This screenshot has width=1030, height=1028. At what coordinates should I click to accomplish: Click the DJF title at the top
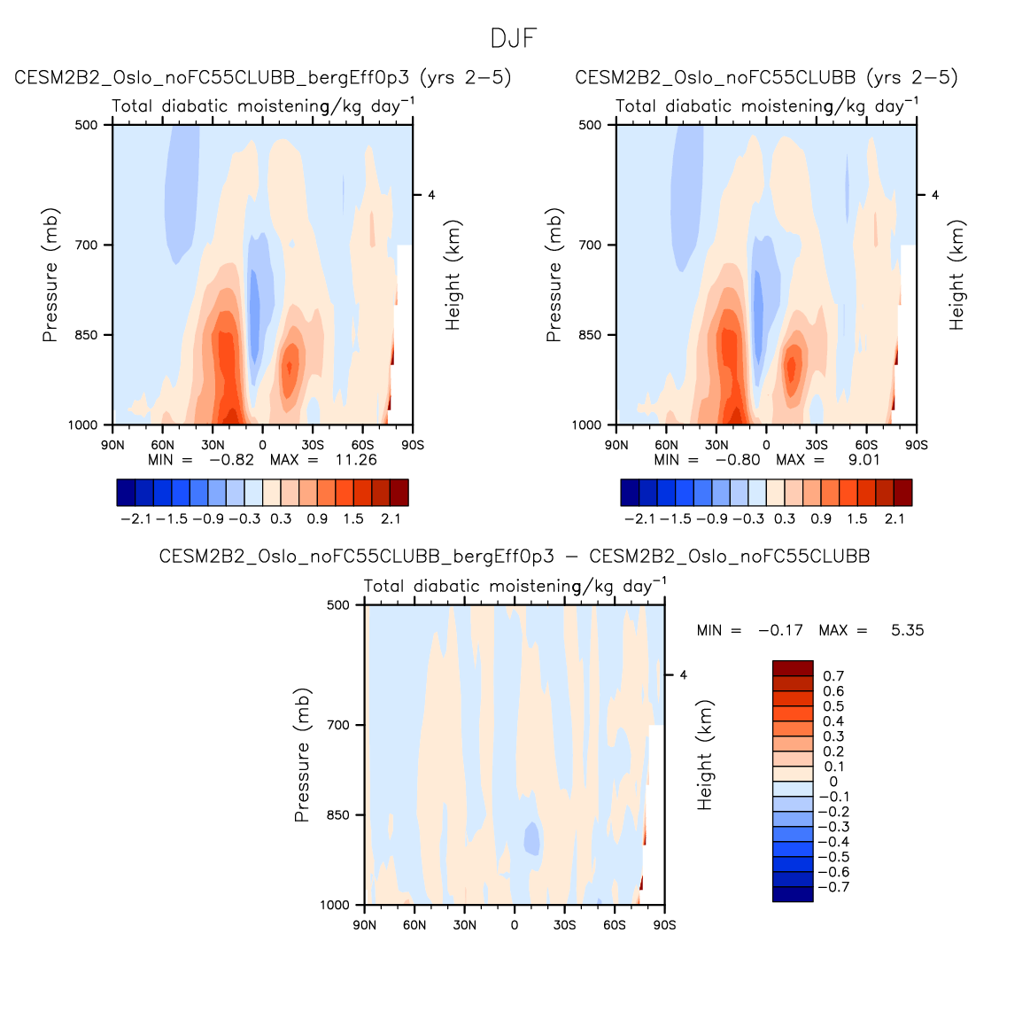(514, 39)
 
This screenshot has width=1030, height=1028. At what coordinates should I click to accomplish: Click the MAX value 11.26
(356, 460)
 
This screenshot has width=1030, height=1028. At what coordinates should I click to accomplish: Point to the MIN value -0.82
(231, 460)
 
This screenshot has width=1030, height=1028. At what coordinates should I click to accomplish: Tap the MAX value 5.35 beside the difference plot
(907, 630)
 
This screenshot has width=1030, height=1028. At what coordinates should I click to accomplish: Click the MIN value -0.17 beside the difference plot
(780, 630)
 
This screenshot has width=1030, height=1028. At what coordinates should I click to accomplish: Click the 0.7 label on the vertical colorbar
(833, 676)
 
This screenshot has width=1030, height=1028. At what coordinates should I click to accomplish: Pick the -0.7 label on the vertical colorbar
(833, 887)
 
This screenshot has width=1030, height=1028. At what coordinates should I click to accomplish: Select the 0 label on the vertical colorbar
(833, 782)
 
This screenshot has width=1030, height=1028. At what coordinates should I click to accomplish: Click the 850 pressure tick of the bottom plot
(339, 815)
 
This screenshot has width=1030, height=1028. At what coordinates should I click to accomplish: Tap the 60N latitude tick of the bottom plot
(414, 925)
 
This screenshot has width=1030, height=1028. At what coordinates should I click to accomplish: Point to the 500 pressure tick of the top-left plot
(86, 125)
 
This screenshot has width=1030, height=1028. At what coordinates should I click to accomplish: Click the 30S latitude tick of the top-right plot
(817, 445)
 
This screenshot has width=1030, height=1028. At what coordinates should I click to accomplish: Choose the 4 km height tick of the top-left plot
(431, 195)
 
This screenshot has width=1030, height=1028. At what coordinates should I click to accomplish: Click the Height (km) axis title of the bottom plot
(705, 755)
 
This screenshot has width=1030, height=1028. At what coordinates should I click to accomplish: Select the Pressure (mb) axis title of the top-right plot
(554, 275)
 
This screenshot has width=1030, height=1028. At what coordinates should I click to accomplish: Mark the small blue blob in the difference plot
(531, 837)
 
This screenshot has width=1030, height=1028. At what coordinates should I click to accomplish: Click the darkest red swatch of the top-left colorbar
(399, 493)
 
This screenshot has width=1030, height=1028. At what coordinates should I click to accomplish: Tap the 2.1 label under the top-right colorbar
(894, 518)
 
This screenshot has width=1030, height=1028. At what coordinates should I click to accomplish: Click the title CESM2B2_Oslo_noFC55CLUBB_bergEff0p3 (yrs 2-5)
(263, 78)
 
